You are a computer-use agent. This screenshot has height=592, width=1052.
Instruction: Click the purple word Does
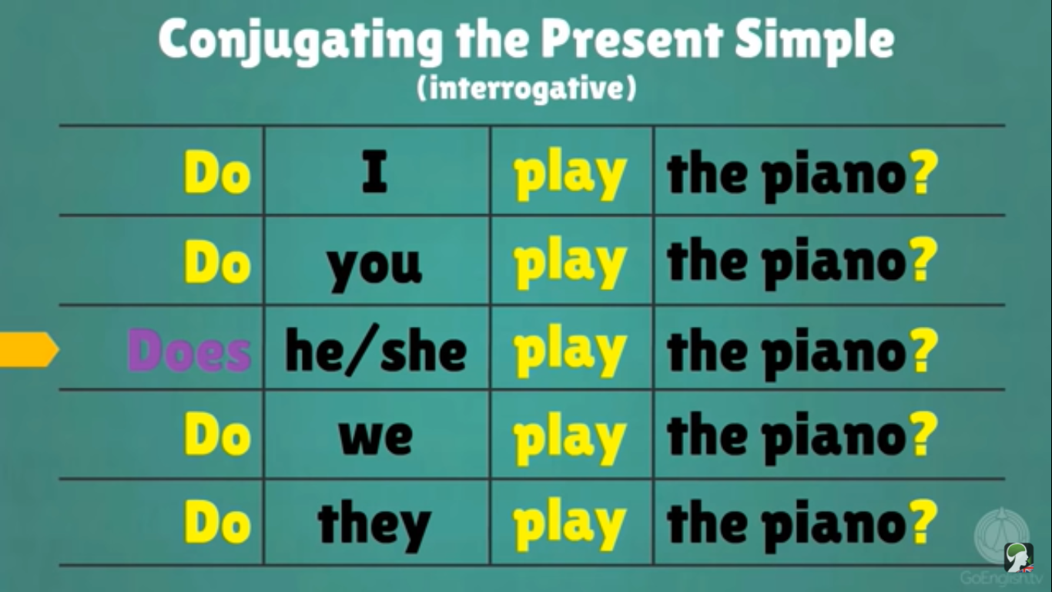[x=189, y=351]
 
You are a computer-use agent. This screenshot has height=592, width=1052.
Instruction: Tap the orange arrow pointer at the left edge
[x=28, y=349]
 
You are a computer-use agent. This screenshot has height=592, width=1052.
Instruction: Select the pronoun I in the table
[x=374, y=174]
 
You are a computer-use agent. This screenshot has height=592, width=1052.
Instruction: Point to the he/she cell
[x=376, y=351]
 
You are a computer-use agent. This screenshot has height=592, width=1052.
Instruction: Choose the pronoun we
[x=375, y=436]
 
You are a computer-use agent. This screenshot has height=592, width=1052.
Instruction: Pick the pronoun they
[x=374, y=524]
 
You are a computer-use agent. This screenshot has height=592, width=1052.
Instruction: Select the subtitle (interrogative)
[x=527, y=89]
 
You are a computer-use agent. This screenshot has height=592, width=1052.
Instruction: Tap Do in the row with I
[x=217, y=174]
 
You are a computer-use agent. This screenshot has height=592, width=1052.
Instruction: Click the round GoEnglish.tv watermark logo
[x=1001, y=535]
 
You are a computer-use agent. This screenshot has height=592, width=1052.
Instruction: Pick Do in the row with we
[x=217, y=436]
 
